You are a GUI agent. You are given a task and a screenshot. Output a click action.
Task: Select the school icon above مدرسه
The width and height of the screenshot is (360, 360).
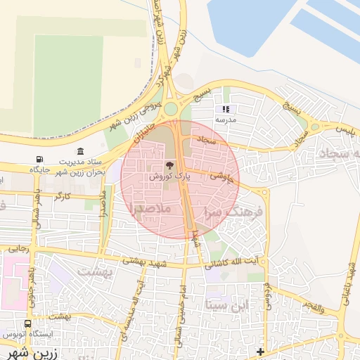[226, 109]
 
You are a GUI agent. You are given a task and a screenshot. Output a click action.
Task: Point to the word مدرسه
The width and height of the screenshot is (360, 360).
[225, 120]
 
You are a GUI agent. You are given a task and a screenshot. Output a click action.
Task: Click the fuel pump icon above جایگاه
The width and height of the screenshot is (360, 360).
[38, 159]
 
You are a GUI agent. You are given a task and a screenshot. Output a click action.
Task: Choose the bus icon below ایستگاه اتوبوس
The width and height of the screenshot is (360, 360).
[27, 324]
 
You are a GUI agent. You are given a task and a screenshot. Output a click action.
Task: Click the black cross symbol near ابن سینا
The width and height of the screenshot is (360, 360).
[260, 351]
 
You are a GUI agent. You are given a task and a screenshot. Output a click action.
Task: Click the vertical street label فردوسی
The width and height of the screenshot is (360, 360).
[267, 296]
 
